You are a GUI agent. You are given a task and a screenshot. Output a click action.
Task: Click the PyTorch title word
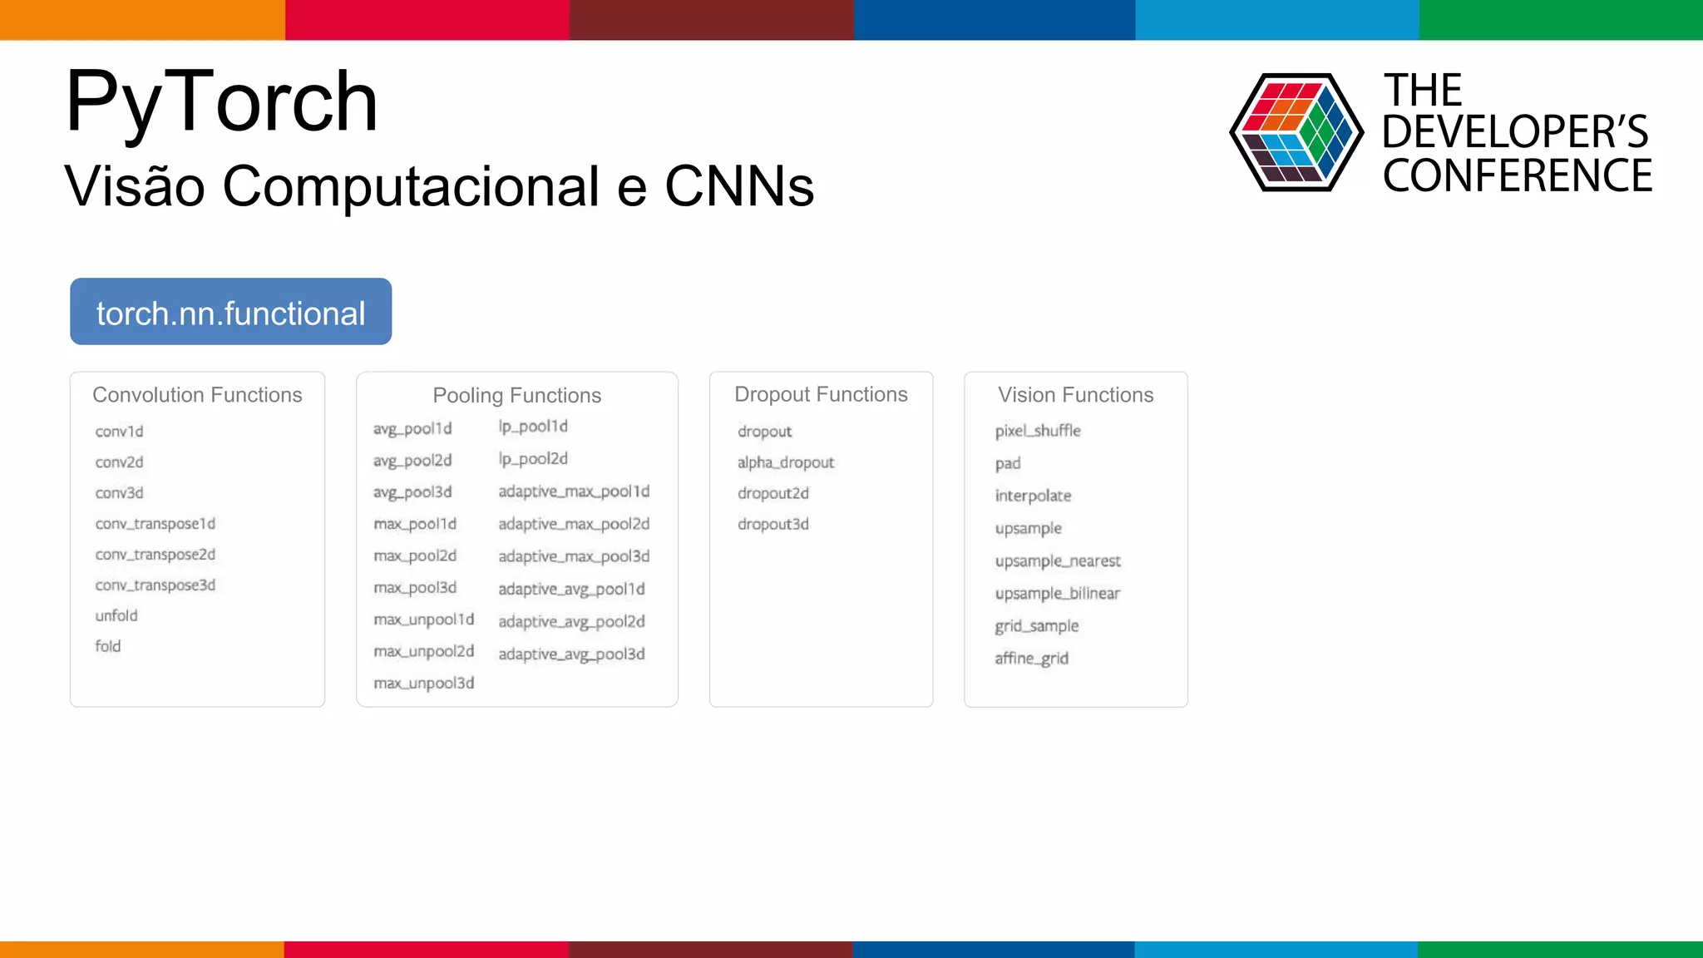(221, 102)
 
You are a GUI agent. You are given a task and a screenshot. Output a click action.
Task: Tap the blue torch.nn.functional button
(230, 312)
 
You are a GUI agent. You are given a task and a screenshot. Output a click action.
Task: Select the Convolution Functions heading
(197, 395)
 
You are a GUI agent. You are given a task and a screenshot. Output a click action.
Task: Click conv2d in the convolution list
(119, 462)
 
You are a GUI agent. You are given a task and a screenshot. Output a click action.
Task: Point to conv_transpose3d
(155, 585)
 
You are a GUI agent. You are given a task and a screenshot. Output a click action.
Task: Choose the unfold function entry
(116, 616)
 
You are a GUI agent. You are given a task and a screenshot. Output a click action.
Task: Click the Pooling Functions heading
(516, 395)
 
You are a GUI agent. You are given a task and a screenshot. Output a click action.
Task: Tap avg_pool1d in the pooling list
(412, 429)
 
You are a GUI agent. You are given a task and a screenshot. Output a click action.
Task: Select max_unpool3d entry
(424, 684)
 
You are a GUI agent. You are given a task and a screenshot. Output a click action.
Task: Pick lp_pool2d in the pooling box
(533, 459)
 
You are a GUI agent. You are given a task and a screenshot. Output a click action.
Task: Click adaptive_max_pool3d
(574, 556)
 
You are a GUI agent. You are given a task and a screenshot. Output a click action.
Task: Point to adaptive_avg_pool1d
(571, 589)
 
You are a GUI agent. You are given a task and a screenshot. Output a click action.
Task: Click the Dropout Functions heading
(821, 394)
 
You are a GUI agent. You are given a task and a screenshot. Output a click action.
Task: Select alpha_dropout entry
(785, 462)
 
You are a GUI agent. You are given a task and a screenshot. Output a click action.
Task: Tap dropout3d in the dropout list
(773, 524)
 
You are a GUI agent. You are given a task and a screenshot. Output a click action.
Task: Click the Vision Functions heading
(1075, 395)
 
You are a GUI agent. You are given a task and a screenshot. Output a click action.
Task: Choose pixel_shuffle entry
(1038, 431)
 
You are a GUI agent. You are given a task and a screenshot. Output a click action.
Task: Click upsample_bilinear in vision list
(1057, 594)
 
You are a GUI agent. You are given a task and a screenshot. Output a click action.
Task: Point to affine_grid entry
(1031, 659)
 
